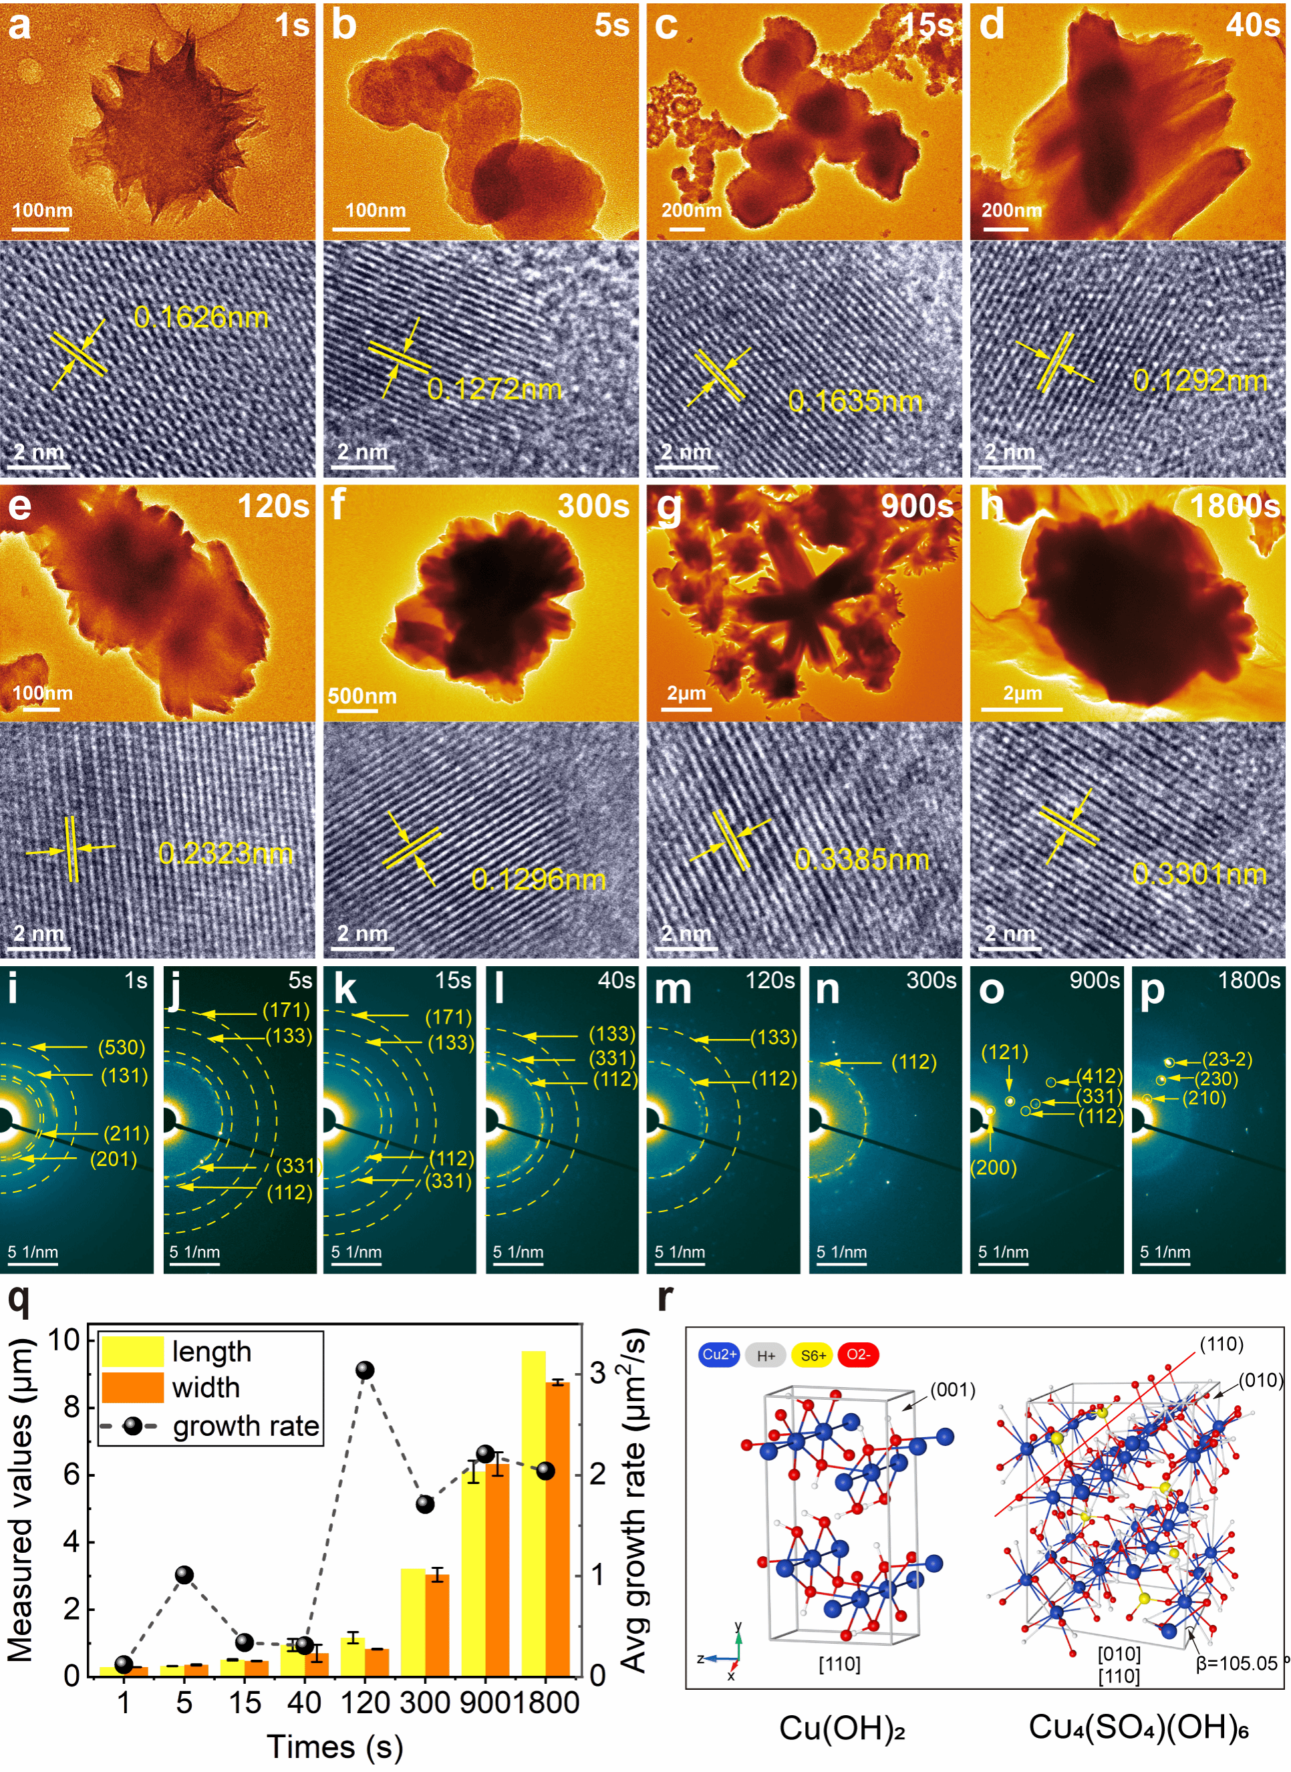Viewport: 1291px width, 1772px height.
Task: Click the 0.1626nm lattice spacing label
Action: [201, 317]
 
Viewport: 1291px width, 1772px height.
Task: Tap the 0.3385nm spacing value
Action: [861, 860]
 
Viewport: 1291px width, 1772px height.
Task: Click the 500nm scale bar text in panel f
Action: [362, 696]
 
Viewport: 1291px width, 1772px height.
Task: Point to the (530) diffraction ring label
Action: [122, 1048]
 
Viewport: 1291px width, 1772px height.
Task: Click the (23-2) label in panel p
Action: [1226, 1060]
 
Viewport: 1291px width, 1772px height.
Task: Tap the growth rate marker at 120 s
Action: [365, 1370]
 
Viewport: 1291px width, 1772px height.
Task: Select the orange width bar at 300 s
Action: [437, 1625]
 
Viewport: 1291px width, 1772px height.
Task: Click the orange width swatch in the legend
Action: [132, 1388]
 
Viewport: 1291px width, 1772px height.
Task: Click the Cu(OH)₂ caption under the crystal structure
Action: [842, 1727]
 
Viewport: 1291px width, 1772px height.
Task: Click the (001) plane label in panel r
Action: [953, 1390]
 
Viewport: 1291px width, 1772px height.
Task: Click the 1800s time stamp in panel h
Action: [1234, 506]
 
